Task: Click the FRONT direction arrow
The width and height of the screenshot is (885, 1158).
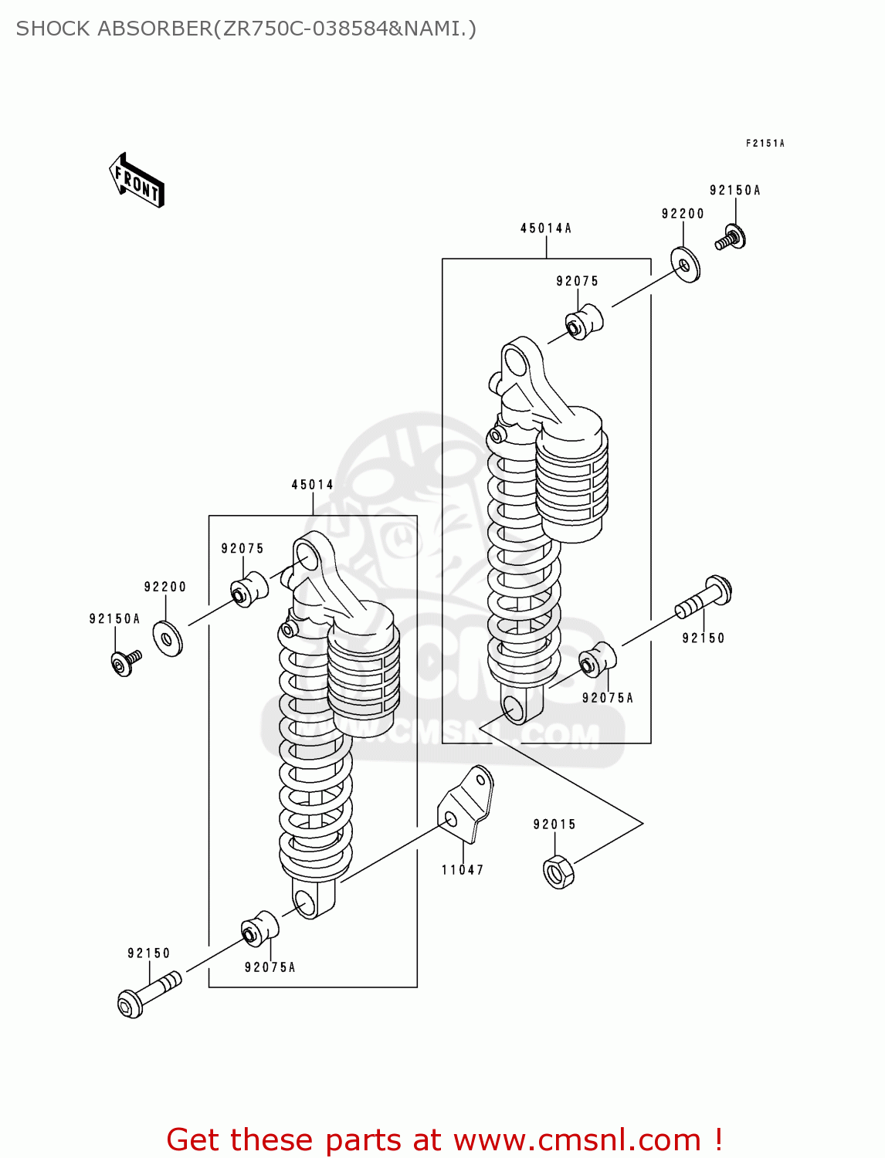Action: (137, 181)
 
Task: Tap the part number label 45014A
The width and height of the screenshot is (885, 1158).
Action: (545, 229)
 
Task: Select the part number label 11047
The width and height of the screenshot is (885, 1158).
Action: (463, 870)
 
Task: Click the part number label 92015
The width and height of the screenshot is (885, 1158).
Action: (554, 824)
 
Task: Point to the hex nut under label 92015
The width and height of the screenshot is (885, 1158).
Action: (558, 872)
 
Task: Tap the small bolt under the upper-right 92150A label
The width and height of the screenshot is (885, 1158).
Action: (731, 238)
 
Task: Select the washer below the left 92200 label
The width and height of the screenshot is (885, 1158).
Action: (167, 638)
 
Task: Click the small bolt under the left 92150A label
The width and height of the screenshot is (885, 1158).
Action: (124, 662)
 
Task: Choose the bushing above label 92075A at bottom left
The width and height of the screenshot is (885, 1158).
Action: (259, 929)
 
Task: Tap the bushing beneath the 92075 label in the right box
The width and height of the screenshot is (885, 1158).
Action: (584, 321)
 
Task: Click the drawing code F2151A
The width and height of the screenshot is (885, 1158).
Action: (765, 144)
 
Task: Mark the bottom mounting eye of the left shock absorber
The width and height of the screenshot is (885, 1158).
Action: (306, 902)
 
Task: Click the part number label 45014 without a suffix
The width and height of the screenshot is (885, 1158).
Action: (312, 485)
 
